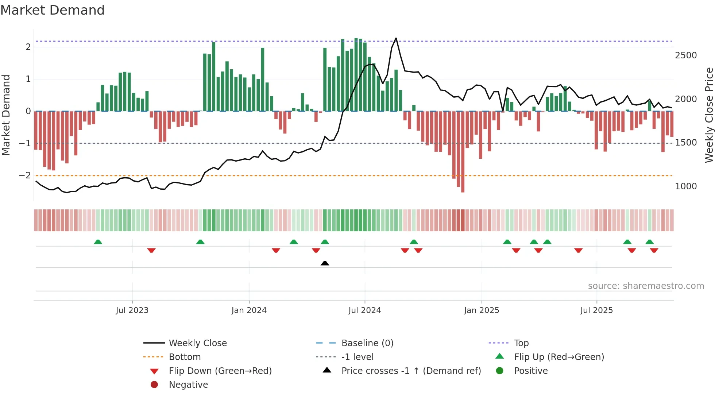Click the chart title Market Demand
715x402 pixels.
point(53,10)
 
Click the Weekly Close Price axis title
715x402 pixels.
point(709,115)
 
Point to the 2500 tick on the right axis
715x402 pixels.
point(685,55)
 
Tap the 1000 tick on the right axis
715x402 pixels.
point(685,186)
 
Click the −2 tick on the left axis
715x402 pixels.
point(25,175)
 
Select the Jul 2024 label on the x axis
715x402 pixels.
point(364,310)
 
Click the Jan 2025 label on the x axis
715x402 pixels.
point(481,310)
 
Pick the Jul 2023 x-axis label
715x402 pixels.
point(132,310)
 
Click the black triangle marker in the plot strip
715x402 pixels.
point(325,263)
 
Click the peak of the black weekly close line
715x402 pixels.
point(396,38)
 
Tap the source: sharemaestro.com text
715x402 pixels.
point(646,286)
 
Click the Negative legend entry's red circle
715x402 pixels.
point(154,385)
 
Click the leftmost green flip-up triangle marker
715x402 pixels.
point(98,242)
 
